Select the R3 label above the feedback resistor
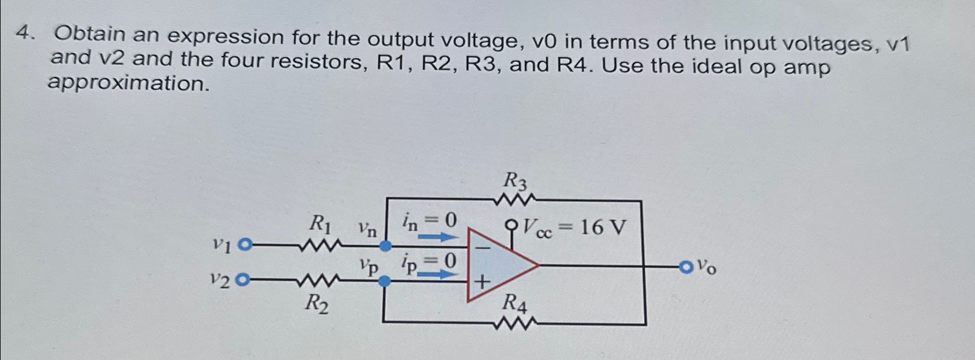pos(515,181)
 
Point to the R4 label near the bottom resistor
pos(515,303)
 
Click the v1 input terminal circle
pos(246,244)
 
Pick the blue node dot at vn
pos(385,246)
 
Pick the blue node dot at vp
pos(384,282)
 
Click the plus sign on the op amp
pos(482,284)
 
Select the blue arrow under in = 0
pos(438,237)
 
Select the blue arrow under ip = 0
pos(438,274)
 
